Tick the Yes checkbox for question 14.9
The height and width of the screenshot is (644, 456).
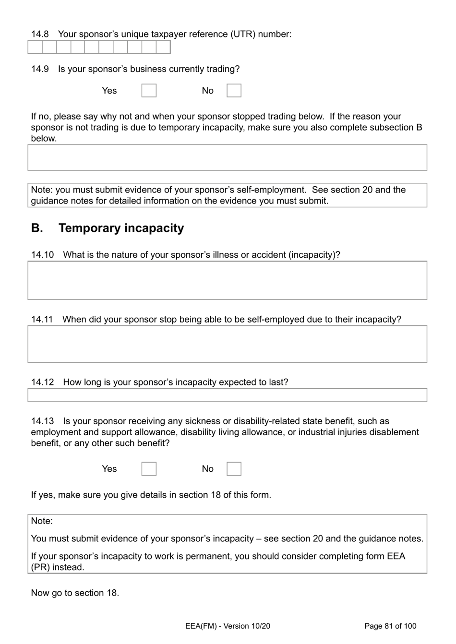pos(149,91)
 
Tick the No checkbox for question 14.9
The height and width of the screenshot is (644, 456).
pos(234,91)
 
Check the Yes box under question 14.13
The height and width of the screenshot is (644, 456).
pos(149,469)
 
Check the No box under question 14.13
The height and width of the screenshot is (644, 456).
pos(234,469)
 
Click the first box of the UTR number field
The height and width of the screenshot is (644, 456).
pos(35,47)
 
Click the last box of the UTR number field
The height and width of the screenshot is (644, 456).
pos(163,47)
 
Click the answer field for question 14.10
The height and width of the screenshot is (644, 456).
pos(227,280)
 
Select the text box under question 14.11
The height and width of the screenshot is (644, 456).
pos(227,344)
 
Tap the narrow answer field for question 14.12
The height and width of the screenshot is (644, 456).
pos(227,395)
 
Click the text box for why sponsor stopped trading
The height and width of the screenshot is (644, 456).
pos(227,157)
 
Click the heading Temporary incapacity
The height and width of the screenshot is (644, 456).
pos(121,228)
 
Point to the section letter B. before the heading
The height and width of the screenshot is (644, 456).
pos(37,228)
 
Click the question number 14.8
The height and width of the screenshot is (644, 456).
pos(40,34)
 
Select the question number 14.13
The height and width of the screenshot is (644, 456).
pos(42,421)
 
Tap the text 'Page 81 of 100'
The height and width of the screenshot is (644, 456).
pos(390,626)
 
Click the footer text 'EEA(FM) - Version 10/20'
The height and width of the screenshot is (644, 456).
pos(228,626)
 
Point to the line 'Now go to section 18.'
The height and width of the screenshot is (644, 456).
pos(75,593)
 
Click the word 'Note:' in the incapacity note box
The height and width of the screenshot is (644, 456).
pos(42,521)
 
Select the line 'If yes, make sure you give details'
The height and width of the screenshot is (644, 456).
pos(151,495)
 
